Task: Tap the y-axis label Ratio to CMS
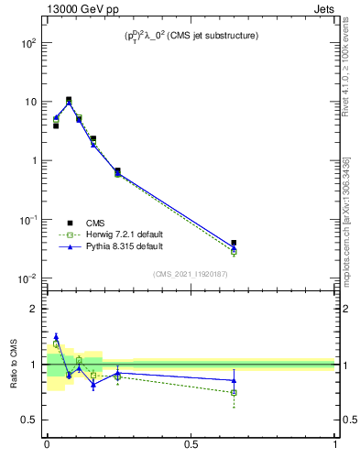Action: pos(15,364)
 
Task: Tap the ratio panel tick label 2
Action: pos(35,310)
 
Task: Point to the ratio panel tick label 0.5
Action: pos(31,420)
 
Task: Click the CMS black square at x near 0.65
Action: pos(234,243)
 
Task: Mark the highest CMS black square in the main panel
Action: pos(69,100)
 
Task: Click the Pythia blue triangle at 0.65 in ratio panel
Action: pos(234,380)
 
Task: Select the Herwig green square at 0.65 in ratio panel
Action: pos(234,392)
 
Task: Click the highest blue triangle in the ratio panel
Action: pos(56,337)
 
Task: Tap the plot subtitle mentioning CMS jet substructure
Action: pos(191,36)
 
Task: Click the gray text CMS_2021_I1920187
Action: pos(191,273)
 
